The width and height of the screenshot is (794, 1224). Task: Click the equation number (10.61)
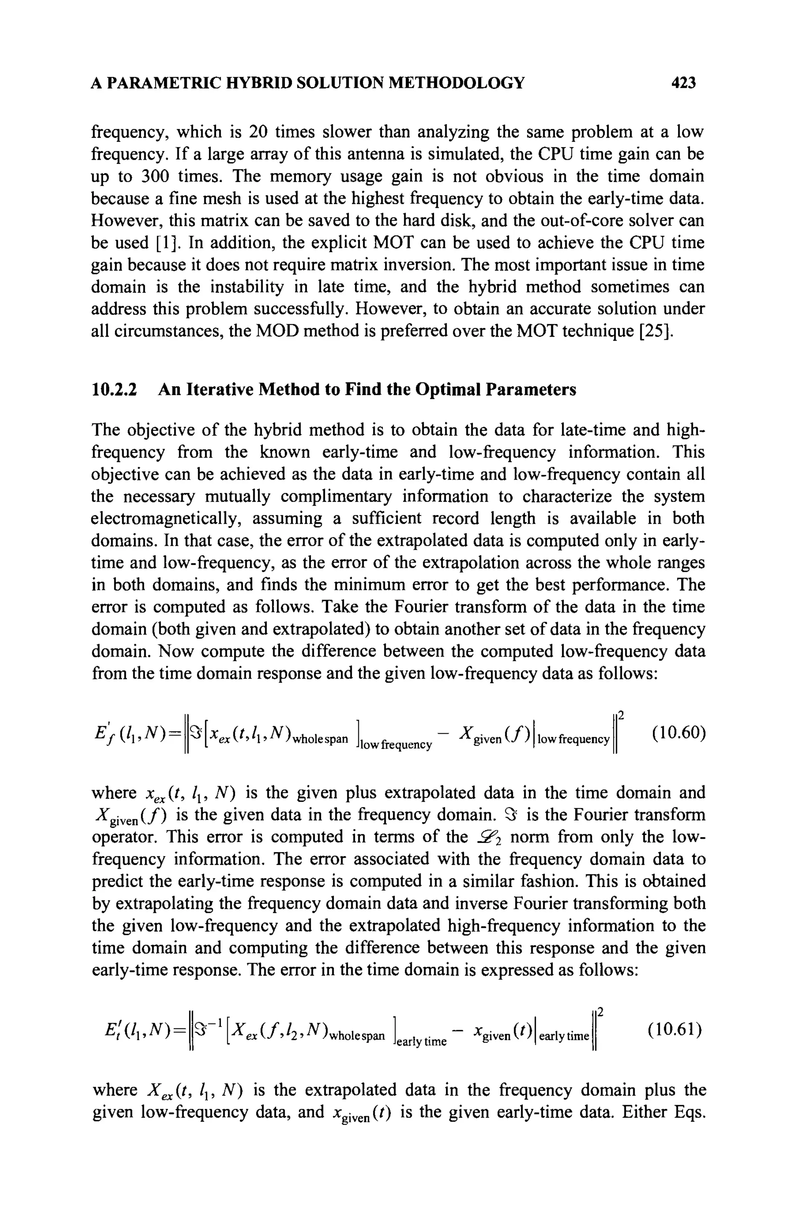[675, 1030]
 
